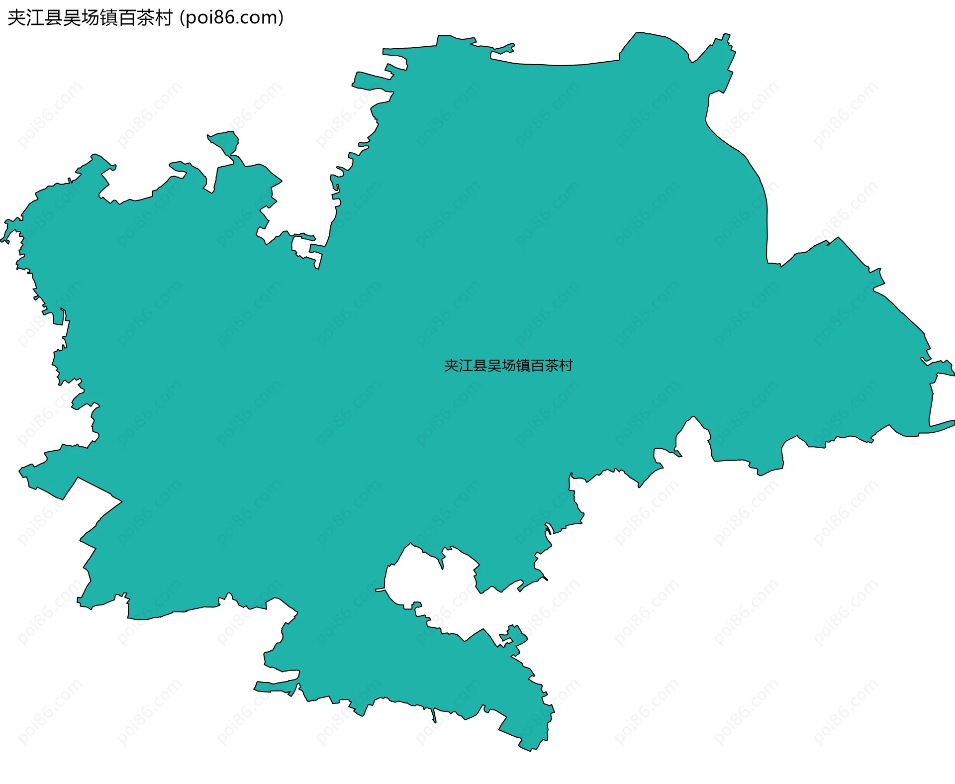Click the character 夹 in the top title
coord(17,18)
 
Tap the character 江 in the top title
coord(35,18)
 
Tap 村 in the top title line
coord(164,18)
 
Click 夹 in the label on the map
coord(451,366)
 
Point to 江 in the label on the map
coord(466,366)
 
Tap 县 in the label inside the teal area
coord(480,366)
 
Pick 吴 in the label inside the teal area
coord(494,366)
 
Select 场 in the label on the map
coord(509,366)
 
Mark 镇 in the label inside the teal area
coord(523,366)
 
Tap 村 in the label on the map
coord(566,366)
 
